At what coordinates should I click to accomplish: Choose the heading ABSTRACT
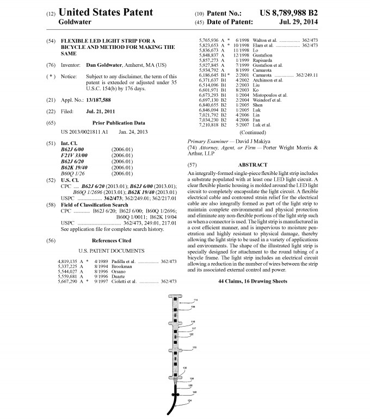(x=252, y=165)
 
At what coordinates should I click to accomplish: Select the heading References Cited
(x=111, y=240)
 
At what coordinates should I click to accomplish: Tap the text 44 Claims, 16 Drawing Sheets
(x=252, y=281)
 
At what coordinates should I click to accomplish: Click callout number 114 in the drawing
(x=196, y=300)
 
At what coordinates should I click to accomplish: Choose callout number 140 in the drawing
(x=194, y=392)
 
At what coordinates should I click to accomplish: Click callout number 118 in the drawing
(x=194, y=347)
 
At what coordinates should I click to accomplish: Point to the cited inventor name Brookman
(x=107, y=267)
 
